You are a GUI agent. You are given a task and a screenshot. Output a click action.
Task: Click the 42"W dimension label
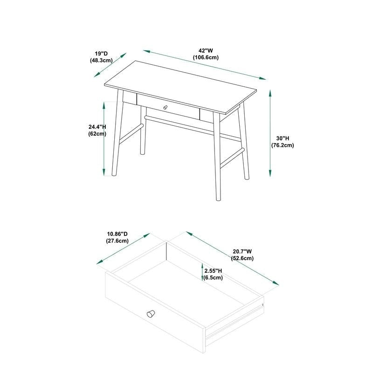pyautogui.click(x=206, y=51)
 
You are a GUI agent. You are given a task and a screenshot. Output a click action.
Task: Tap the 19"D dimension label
pyautogui.click(x=101, y=54)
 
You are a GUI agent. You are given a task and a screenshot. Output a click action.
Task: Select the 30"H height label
pyautogui.click(x=283, y=138)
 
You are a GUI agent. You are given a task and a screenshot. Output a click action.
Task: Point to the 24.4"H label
pyautogui.click(x=97, y=127)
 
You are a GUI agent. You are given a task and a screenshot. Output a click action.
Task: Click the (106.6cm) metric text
pyautogui.click(x=206, y=57)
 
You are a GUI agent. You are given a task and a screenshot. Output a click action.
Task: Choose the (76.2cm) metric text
pyautogui.click(x=283, y=145)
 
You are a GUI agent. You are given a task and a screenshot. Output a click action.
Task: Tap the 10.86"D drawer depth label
pyautogui.click(x=117, y=234)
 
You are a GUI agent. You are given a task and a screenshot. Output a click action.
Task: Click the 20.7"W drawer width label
pyautogui.click(x=242, y=251)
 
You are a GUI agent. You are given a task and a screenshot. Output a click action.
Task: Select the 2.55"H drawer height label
pyautogui.click(x=213, y=271)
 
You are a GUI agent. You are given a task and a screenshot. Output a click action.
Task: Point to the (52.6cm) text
pyautogui.click(x=242, y=258)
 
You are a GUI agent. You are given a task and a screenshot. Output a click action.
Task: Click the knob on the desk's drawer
pyautogui.click(x=165, y=107)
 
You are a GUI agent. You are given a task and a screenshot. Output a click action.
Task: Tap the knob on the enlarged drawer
pyautogui.click(x=151, y=314)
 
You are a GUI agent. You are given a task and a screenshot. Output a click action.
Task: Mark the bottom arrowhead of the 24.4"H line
pyautogui.click(x=104, y=172)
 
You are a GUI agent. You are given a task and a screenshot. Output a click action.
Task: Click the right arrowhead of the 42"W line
pyautogui.click(x=262, y=78)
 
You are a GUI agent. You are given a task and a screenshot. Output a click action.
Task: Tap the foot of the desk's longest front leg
pyautogui.click(x=218, y=199)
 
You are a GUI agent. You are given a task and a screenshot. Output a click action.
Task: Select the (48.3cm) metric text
pyautogui.click(x=101, y=60)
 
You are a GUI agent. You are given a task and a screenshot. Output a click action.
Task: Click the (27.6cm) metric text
pyautogui.click(x=117, y=241)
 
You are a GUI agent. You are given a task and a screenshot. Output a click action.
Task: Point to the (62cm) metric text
pyautogui.click(x=97, y=134)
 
